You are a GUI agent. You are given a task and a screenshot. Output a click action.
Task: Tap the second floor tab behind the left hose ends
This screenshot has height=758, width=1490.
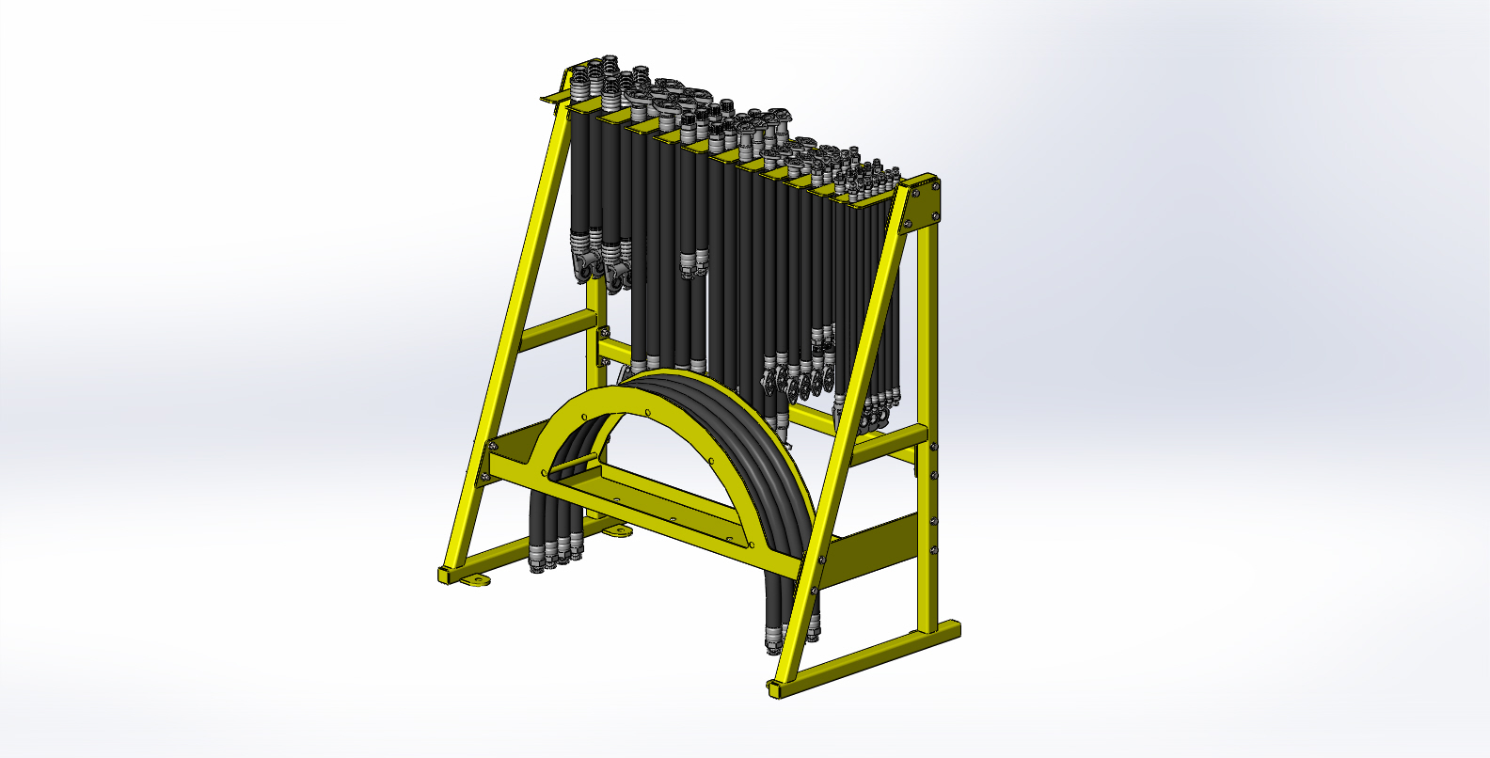[618, 532]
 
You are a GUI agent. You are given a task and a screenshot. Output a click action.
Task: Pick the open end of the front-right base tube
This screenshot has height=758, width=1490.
[774, 689]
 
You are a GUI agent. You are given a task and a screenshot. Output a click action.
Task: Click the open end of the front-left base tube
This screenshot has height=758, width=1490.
[444, 575]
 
